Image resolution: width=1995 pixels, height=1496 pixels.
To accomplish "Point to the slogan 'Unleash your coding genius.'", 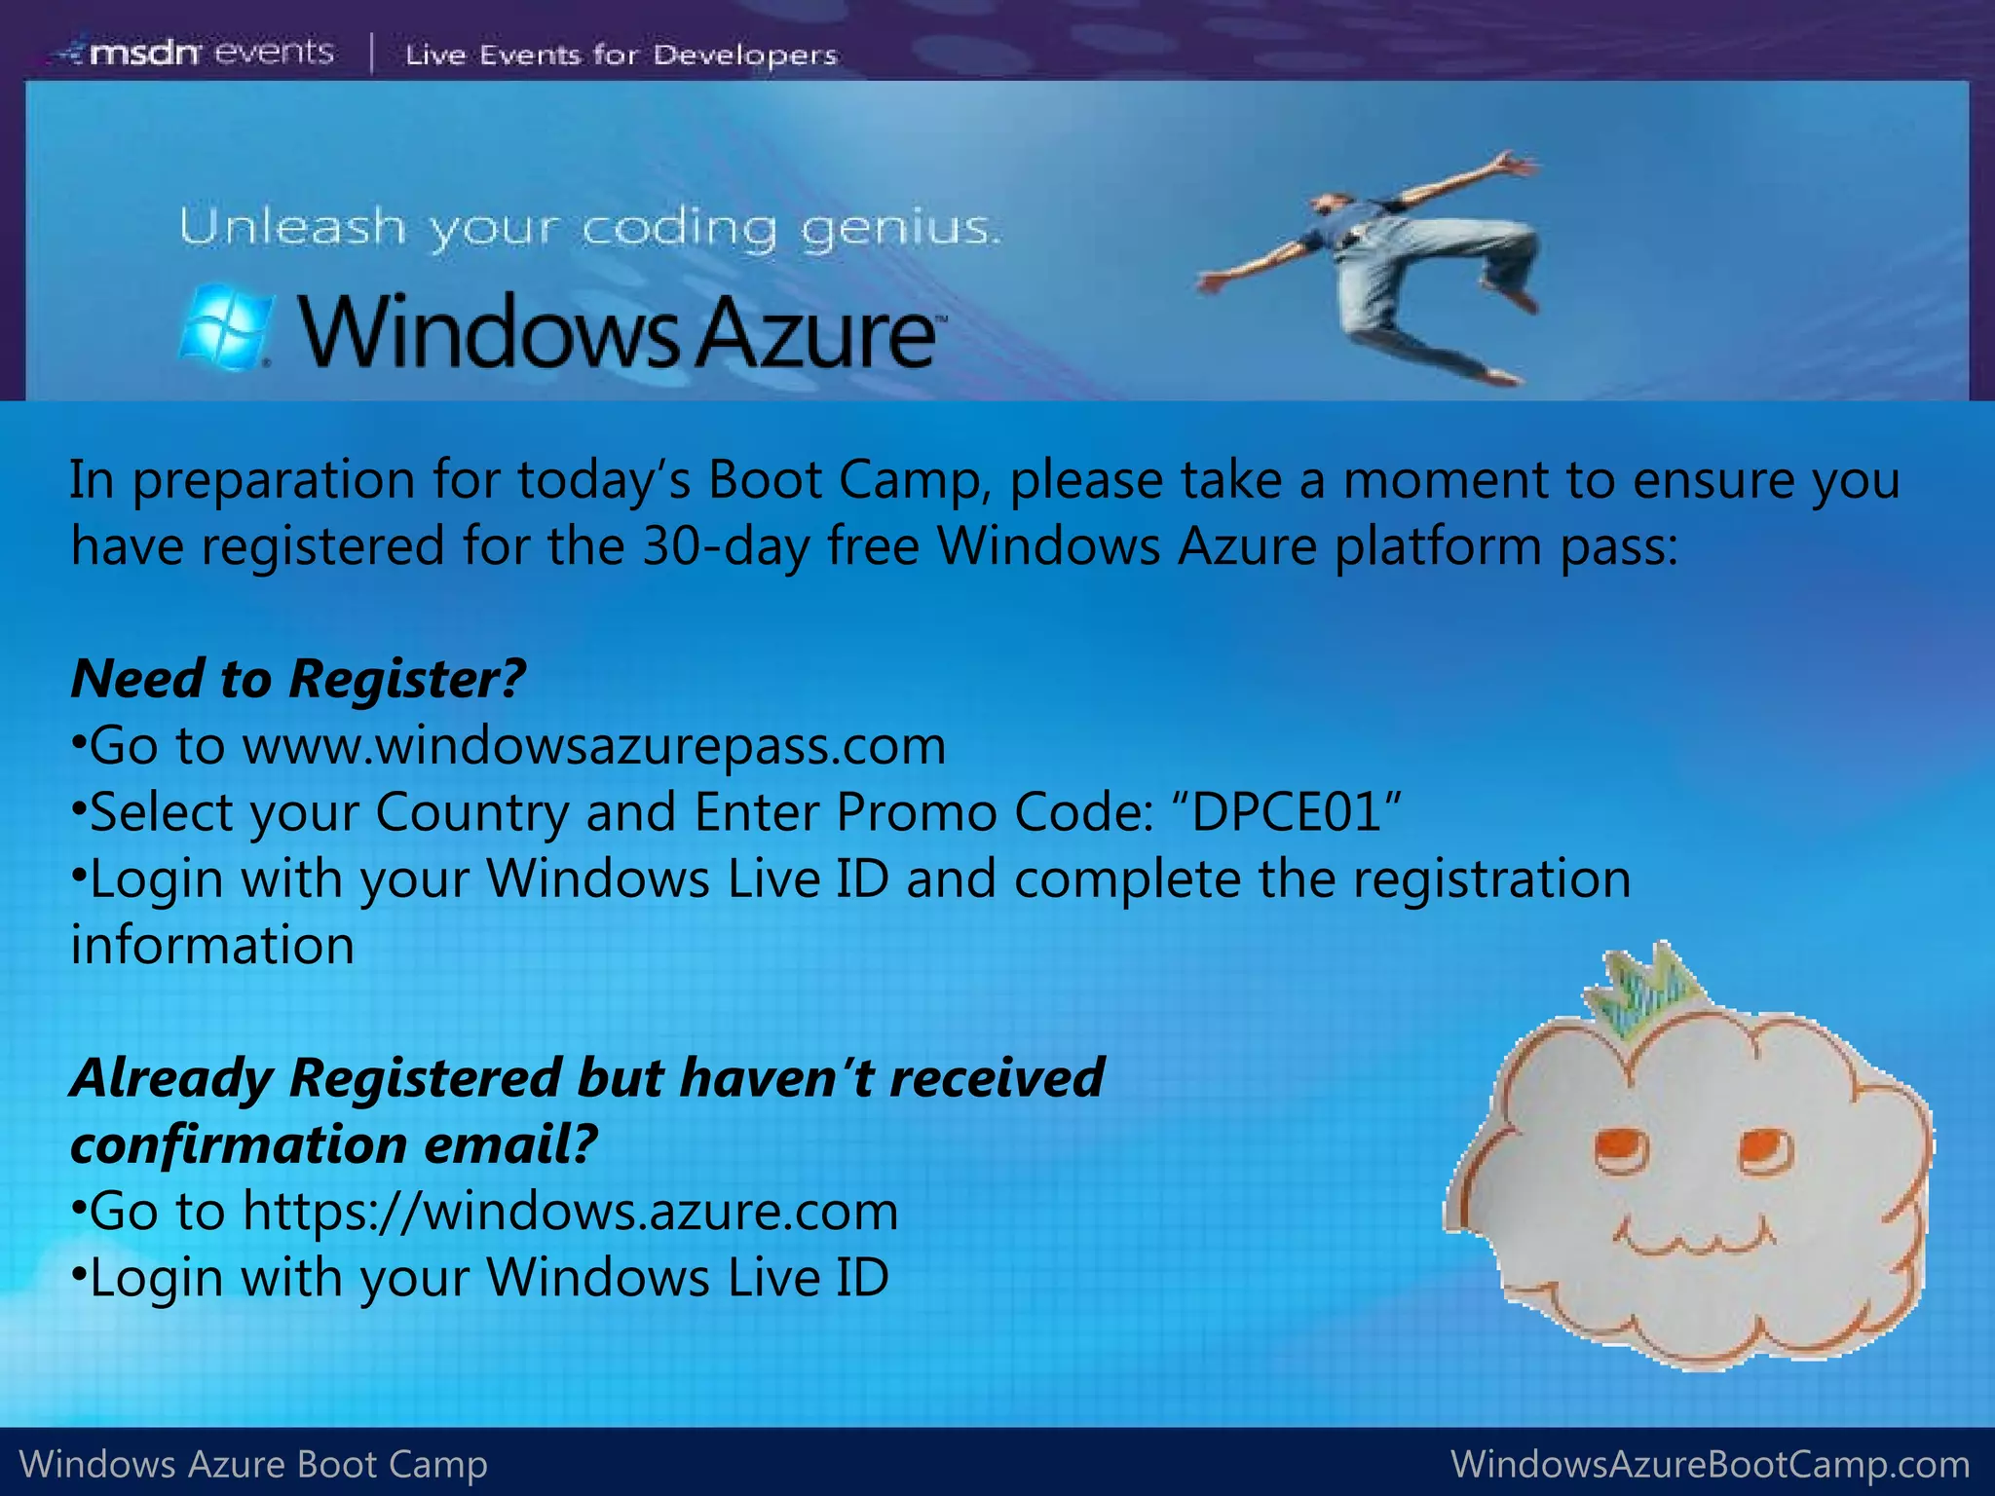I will pos(589,230).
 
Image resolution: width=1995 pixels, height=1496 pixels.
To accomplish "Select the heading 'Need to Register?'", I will pos(298,678).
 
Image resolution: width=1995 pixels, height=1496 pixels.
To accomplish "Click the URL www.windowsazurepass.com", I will pos(593,746).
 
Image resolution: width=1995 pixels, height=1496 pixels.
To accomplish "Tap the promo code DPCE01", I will pos(1287,811).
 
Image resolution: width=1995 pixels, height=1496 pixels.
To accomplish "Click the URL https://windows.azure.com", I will pos(570,1211).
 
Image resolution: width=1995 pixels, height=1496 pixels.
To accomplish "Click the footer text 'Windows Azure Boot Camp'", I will pos(253,1464).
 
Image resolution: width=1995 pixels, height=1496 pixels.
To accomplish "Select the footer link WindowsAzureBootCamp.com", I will pos(1710,1464).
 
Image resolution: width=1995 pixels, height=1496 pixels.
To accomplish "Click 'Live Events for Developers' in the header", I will pos(621,55).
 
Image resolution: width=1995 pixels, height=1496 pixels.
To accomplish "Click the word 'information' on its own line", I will pos(212,945).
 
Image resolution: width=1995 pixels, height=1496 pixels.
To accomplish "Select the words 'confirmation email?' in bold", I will pos(333,1144).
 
